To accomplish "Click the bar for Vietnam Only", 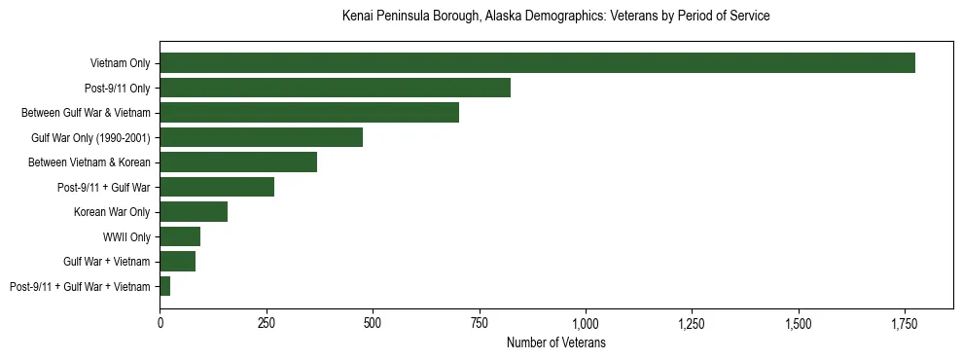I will coord(537,63).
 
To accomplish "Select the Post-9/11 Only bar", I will coord(335,88).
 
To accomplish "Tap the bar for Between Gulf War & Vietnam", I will coord(309,113).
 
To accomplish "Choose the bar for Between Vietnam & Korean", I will coord(238,162).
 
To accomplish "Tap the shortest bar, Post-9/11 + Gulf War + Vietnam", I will coord(165,286).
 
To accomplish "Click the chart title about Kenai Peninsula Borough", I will coord(556,17).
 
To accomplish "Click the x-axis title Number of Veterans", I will coord(556,342).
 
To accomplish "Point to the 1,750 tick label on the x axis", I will coord(904,323).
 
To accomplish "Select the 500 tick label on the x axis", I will coord(373,323).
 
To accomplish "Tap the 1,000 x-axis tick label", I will coord(586,323).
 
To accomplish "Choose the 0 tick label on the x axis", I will coord(160,323).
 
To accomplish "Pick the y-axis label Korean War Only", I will coord(112,212).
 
